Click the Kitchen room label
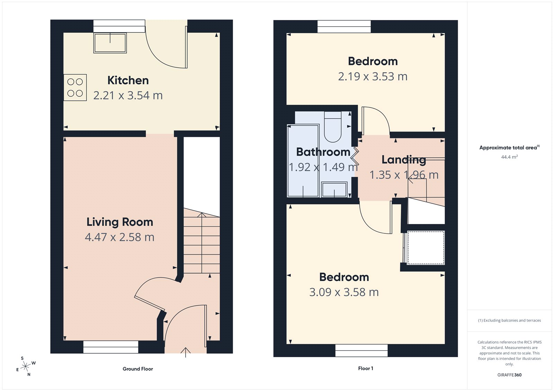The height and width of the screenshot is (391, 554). click(x=128, y=80)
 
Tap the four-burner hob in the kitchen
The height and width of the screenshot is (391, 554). click(x=75, y=87)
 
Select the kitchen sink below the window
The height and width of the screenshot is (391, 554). click(x=110, y=43)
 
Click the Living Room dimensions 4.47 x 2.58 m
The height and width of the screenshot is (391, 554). click(x=119, y=237)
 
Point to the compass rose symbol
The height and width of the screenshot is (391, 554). click(x=26, y=366)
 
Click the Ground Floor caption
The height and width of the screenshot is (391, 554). click(x=137, y=369)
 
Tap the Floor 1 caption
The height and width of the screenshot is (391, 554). click(x=365, y=369)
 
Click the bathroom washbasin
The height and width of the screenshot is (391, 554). click(x=334, y=190)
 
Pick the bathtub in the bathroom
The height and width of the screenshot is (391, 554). click(x=303, y=161)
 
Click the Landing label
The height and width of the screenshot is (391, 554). click(x=403, y=160)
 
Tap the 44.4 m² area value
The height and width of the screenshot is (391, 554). click(x=509, y=157)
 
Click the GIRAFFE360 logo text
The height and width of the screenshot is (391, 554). click(x=509, y=375)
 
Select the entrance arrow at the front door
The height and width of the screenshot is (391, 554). click(x=186, y=352)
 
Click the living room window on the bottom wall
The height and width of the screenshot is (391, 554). click(x=111, y=347)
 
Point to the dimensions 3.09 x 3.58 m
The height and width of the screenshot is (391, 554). click(x=344, y=292)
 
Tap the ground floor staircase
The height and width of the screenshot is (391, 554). click(x=202, y=242)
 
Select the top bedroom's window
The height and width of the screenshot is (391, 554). click(x=344, y=27)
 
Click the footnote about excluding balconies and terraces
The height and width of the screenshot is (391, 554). click(x=509, y=320)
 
